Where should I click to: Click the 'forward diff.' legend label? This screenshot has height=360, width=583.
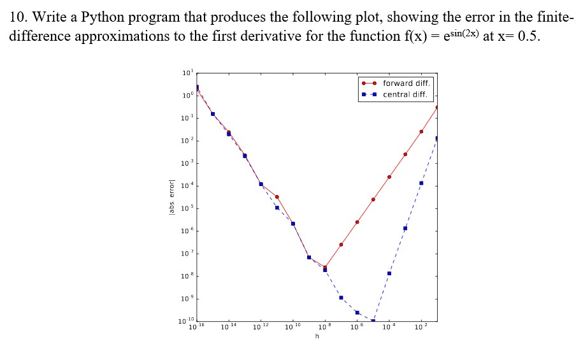(407, 83)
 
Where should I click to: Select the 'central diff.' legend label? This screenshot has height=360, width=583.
(405, 95)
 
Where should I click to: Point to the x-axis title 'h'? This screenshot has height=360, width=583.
(317, 336)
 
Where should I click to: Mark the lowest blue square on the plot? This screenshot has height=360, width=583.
(373, 320)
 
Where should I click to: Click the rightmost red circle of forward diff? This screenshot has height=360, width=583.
(437, 108)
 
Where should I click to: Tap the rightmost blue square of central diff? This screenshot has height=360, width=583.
(437, 138)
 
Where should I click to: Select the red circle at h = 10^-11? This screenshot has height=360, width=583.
(277, 197)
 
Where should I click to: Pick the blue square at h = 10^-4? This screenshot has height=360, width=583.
(389, 273)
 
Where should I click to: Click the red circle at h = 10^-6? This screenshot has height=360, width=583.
(357, 222)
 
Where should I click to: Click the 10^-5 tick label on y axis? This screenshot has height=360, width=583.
(185, 208)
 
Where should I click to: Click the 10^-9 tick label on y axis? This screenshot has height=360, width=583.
(185, 299)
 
